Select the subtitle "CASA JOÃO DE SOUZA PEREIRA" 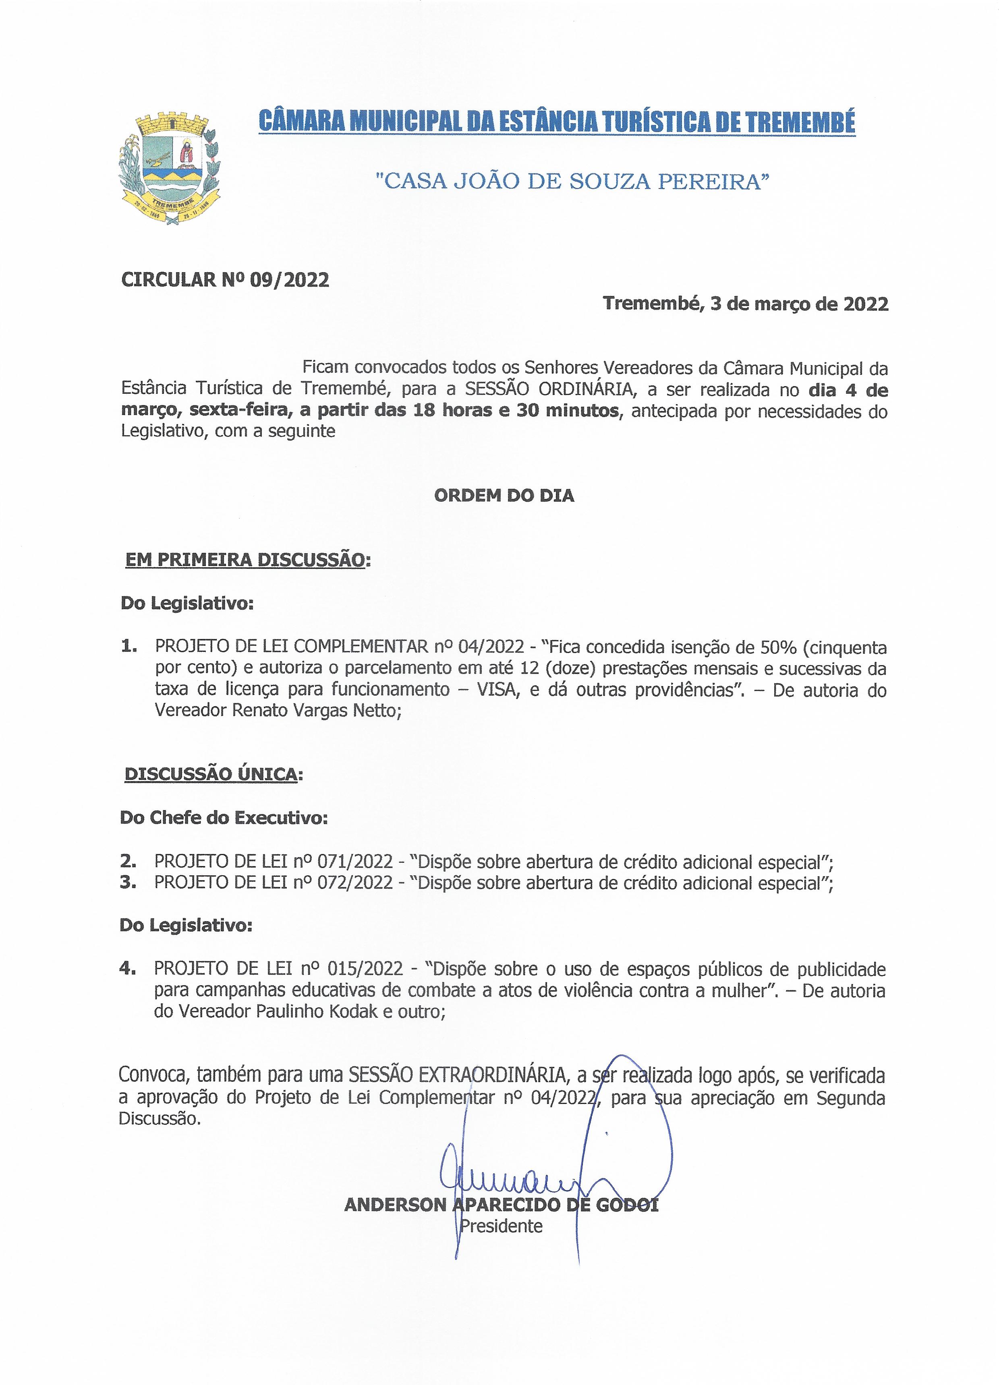[x=572, y=181]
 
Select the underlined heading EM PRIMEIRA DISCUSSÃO [x=245, y=560]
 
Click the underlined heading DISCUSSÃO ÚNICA [x=211, y=774]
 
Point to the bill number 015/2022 [x=365, y=969]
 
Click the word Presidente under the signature [x=501, y=1226]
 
